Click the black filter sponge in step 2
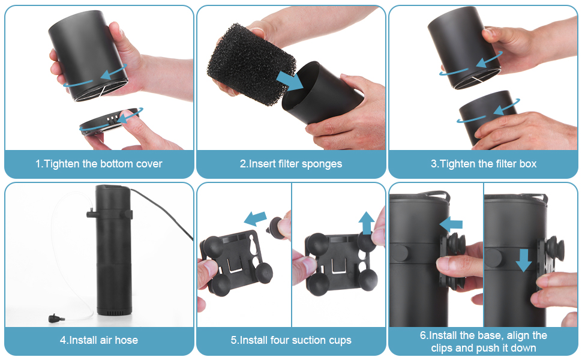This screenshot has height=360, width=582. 251,63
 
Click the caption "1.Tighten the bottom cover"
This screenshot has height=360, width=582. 99,164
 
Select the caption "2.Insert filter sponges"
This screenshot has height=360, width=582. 291,164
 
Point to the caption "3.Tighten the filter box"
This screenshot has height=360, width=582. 483,164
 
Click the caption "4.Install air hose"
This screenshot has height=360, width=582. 99,340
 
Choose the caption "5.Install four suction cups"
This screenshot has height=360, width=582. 291,340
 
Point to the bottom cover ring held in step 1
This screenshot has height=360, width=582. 110,121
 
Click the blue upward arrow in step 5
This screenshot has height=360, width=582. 367,223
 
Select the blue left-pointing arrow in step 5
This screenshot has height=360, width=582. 255,218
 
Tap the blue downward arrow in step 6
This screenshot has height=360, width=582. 523,260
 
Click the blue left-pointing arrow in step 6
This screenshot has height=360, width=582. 451,224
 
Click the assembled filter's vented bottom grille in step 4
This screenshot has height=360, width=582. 115,313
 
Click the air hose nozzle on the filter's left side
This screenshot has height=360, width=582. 91,214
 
